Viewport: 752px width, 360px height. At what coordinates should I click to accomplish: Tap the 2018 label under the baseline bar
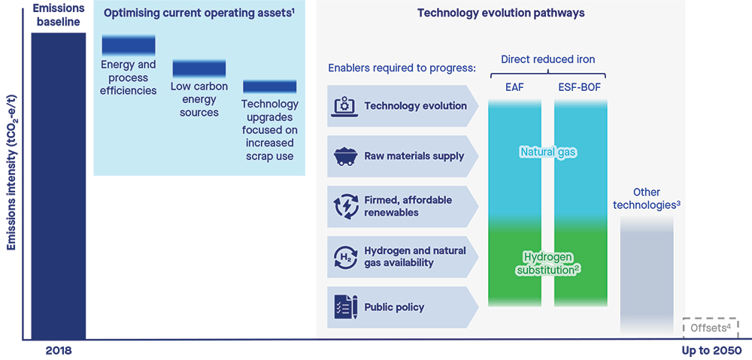(x=58, y=350)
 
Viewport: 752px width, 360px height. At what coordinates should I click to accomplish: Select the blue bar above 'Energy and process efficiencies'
(x=129, y=44)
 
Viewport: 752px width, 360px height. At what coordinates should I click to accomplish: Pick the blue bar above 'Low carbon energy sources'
(x=194, y=69)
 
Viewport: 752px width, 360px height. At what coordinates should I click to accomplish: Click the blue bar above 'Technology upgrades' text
(x=270, y=86)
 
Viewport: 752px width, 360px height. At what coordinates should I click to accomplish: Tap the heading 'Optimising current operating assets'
(x=199, y=14)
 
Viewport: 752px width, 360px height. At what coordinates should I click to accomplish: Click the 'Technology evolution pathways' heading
(x=500, y=14)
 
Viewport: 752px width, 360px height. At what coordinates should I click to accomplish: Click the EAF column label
(x=515, y=86)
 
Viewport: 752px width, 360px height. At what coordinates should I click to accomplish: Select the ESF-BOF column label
(x=580, y=86)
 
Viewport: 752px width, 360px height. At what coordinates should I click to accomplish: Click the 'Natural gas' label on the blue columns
(x=547, y=153)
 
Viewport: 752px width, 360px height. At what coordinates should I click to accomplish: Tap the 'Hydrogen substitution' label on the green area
(x=547, y=263)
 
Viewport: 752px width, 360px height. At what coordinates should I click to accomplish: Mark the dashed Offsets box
(x=711, y=328)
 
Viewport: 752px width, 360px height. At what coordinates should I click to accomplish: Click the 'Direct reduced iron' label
(x=547, y=59)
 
